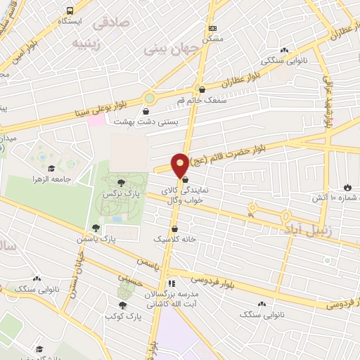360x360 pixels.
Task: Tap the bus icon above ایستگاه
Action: coord(70,11)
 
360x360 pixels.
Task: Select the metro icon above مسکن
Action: coord(212,29)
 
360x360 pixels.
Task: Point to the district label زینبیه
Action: coord(89,42)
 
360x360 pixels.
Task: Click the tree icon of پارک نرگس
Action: coord(122,183)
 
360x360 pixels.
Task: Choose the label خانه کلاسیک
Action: coord(176,239)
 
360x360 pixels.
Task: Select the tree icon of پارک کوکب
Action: coord(123,305)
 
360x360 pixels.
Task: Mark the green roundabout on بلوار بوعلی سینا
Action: coord(149,98)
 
